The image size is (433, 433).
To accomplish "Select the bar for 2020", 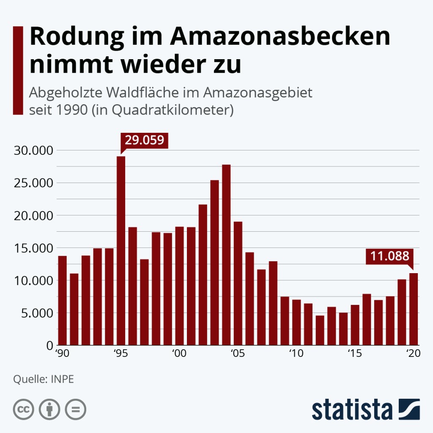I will pyautogui.click(x=414, y=309).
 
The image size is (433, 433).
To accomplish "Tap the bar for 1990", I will pyautogui.click(x=63, y=300).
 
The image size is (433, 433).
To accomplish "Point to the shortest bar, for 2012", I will pyautogui.click(x=320, y=330).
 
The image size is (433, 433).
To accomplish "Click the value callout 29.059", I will pyautogui.click(x=145, y=140).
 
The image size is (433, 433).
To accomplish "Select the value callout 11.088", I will pyautogui.click(x=389, y=256).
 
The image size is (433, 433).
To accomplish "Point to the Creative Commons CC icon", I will pyautogui.click(x=23, y=409).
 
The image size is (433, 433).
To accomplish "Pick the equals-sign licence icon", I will pyautogui.click(x=76, y=409).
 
